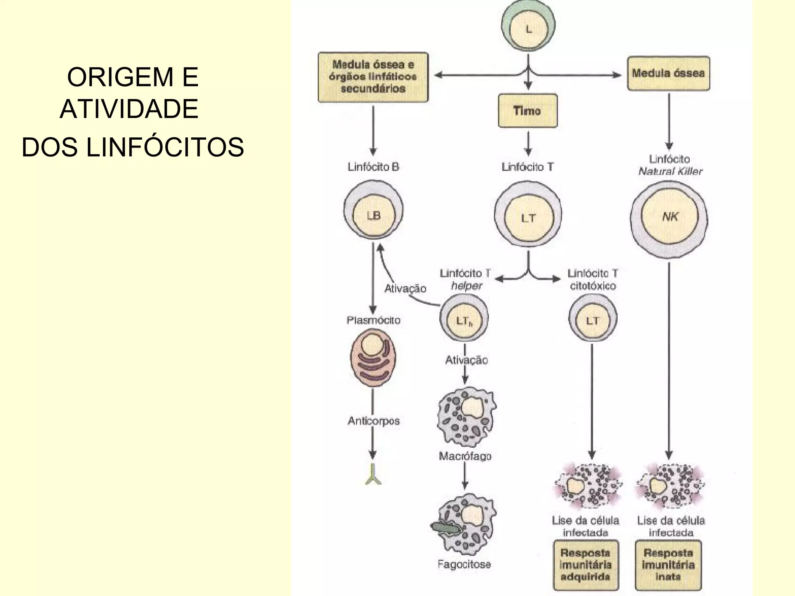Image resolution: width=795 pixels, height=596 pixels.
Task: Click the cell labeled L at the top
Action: (x=528, y=28)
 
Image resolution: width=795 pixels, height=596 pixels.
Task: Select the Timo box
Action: (x=528, y=111)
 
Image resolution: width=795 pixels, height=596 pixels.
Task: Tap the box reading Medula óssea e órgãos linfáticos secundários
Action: (x=373, y=77)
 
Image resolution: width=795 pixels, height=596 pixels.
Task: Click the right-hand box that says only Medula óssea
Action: (x=668, y=73)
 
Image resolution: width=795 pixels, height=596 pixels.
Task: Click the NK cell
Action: (x=669, y=217)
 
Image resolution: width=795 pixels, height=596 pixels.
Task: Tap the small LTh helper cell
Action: (x=464, y=319)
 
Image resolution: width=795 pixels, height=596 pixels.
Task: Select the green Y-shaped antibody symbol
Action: (x=373, y=475)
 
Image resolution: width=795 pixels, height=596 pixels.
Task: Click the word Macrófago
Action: (x=465, y=456)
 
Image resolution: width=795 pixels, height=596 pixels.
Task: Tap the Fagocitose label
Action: (x=464, y=564)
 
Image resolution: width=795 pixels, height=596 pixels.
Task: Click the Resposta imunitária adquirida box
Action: (x=585, y=565)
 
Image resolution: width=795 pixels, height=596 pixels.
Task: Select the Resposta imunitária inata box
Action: (x=668, y=565)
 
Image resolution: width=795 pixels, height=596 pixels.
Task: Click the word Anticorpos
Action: (x=373, y=421)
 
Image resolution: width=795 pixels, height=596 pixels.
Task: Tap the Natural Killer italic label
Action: (x=670, y=172)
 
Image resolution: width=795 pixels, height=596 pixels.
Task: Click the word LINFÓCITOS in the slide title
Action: (x=165, y=147)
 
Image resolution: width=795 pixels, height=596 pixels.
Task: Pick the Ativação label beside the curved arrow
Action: (x=405, y=288)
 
